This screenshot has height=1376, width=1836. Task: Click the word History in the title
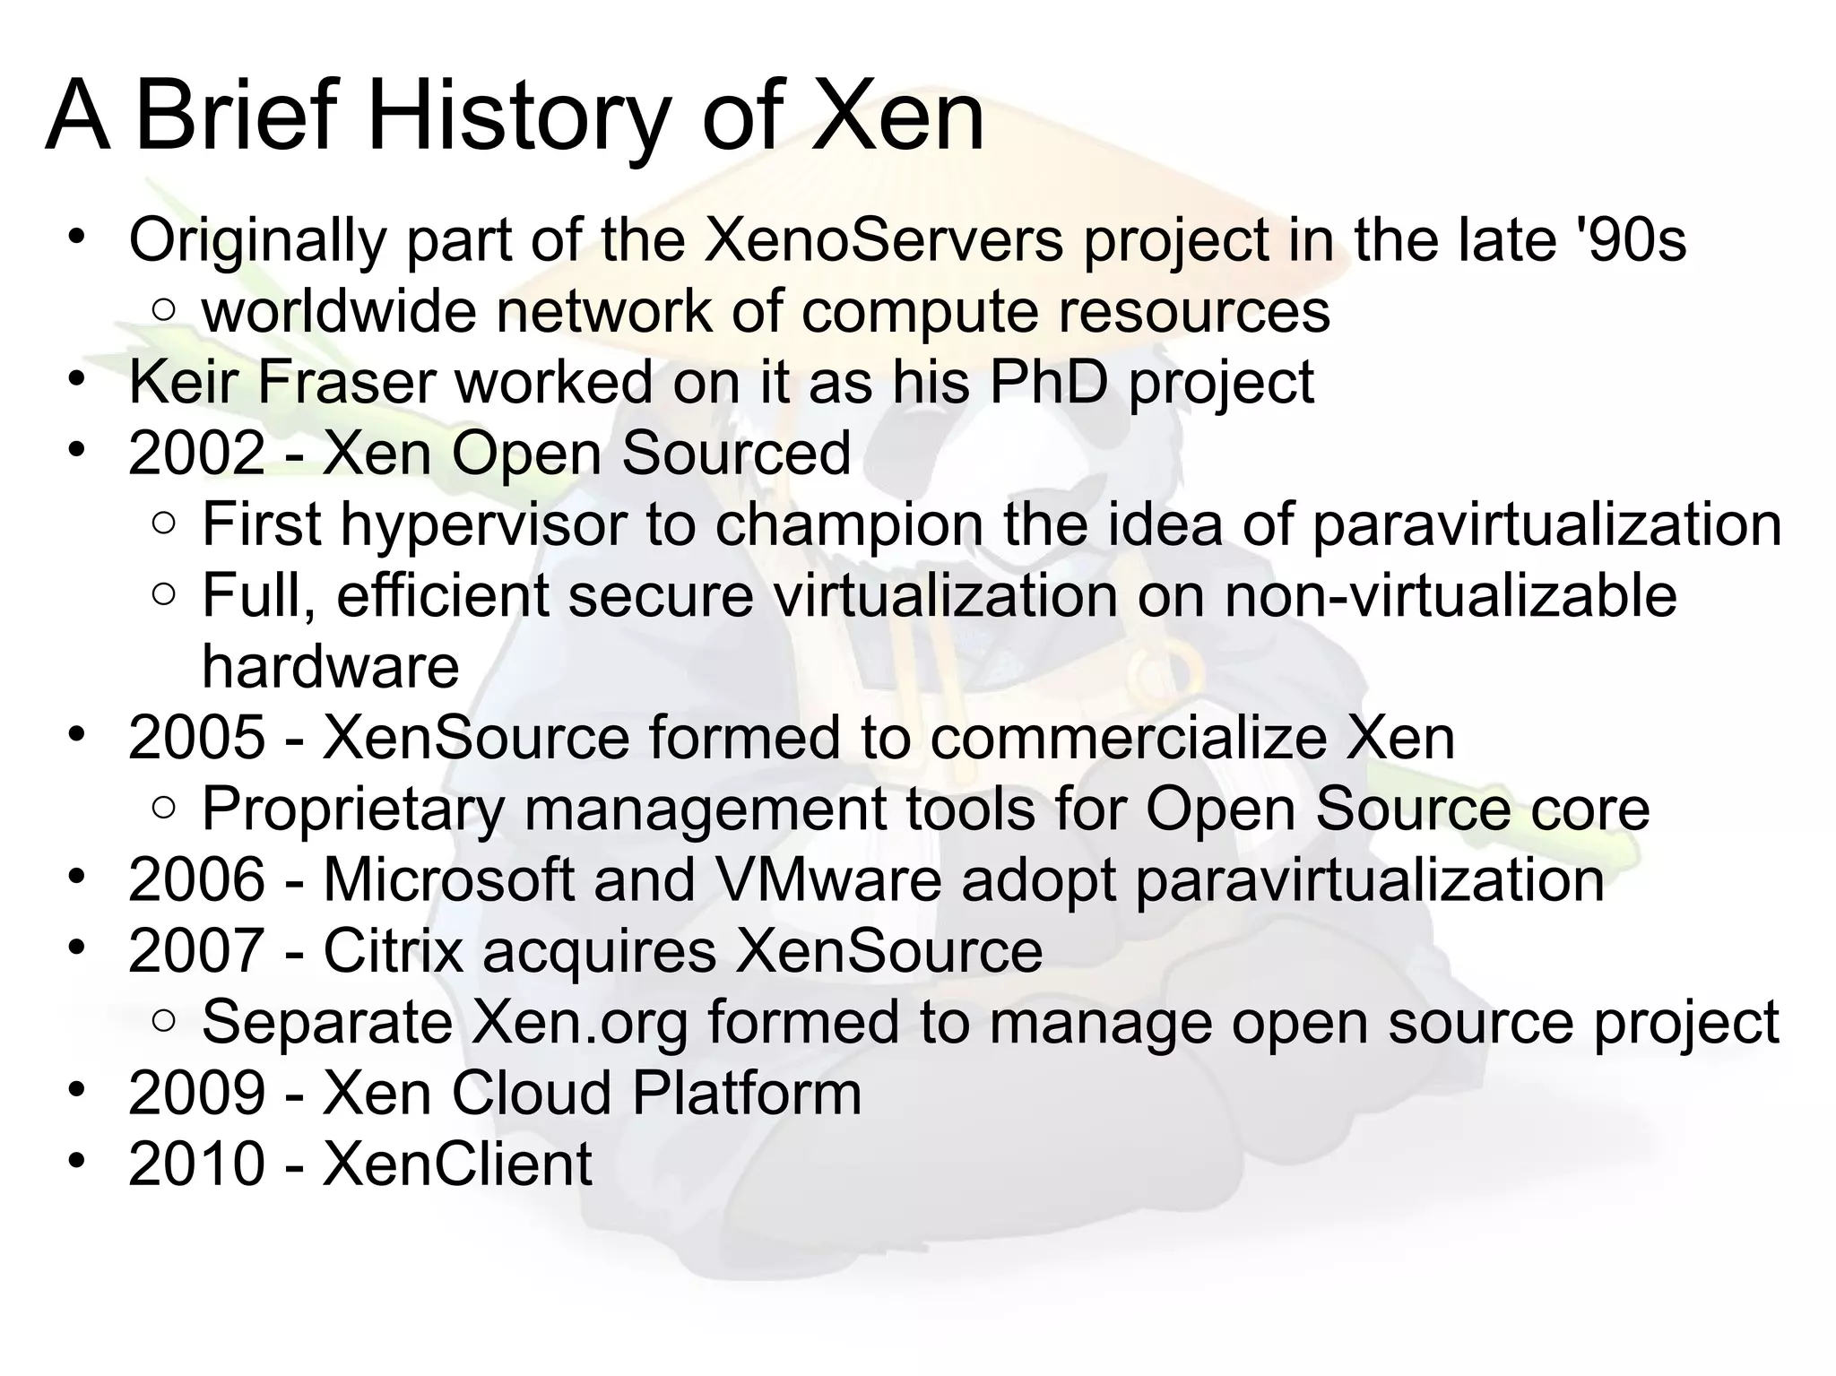[518, 117]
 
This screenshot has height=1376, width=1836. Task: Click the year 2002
[196, 453]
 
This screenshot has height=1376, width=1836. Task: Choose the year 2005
[196, 738]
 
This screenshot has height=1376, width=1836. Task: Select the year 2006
[196, 879]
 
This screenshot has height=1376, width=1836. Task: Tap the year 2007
[196, 950]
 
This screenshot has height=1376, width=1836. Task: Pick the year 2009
[196, 1093]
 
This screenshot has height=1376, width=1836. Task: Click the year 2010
[196, 1164]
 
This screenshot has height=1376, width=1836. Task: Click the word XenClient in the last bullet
[457, 1164]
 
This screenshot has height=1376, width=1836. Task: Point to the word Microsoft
[448, 879]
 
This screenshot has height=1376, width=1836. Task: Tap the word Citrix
[393, 950]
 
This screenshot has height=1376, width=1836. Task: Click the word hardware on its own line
[330, 667]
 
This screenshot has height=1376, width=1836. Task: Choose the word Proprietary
[353, 809]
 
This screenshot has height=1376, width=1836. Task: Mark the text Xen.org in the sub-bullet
[579, 1022]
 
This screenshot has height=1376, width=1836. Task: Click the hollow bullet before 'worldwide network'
[163, 311]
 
